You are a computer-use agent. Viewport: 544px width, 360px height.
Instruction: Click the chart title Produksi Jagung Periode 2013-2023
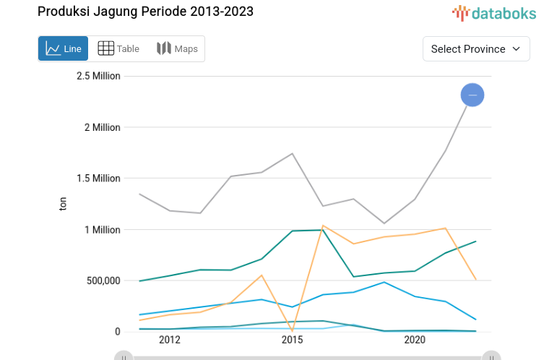coord(145,12)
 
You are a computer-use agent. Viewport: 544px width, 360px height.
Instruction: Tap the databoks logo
coord(494,12)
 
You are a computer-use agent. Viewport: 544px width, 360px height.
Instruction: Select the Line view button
coord(64,48)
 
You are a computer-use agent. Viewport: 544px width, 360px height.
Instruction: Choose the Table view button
coord(118,48)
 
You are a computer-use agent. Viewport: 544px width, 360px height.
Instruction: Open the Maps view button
coord(177,48)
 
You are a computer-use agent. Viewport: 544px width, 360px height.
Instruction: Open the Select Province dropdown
coord(475,49)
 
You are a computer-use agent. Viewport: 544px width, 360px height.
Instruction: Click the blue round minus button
coord(472,95)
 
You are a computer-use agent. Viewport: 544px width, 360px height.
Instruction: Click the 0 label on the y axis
coord(117,332)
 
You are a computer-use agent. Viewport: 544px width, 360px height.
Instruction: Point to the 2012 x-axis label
coord(169,340)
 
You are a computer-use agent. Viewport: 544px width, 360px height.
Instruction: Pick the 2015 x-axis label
coord(292,340)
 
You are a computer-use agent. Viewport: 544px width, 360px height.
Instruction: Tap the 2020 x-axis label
coord(415,340)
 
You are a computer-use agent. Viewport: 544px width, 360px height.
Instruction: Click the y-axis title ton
coord(63,205)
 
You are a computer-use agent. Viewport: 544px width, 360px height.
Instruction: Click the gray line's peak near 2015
coord(292,153)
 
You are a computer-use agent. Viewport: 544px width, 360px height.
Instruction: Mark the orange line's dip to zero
coord(292,330)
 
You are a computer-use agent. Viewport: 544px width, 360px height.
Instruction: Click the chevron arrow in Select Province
coord(516,49)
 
